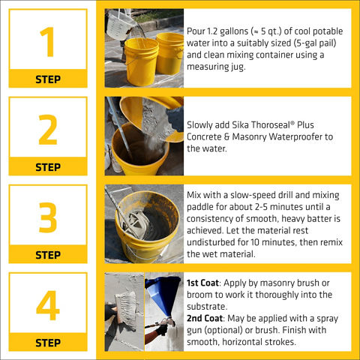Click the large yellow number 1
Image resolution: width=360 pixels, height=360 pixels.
(47, 42)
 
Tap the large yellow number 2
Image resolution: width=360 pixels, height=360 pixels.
(48, 130)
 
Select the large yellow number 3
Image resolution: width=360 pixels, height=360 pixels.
(48, 217)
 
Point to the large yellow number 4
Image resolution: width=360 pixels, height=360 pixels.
(48, 305)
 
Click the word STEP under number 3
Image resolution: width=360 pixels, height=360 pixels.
(48, 255)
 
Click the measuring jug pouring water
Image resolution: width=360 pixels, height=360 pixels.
(121, 25)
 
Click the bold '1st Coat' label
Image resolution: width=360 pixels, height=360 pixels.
(202, 283)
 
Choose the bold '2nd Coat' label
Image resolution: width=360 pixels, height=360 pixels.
(205, 318)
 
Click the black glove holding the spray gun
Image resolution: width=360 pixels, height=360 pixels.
(161, 330)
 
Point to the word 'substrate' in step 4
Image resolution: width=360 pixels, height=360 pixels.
(206, 307)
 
